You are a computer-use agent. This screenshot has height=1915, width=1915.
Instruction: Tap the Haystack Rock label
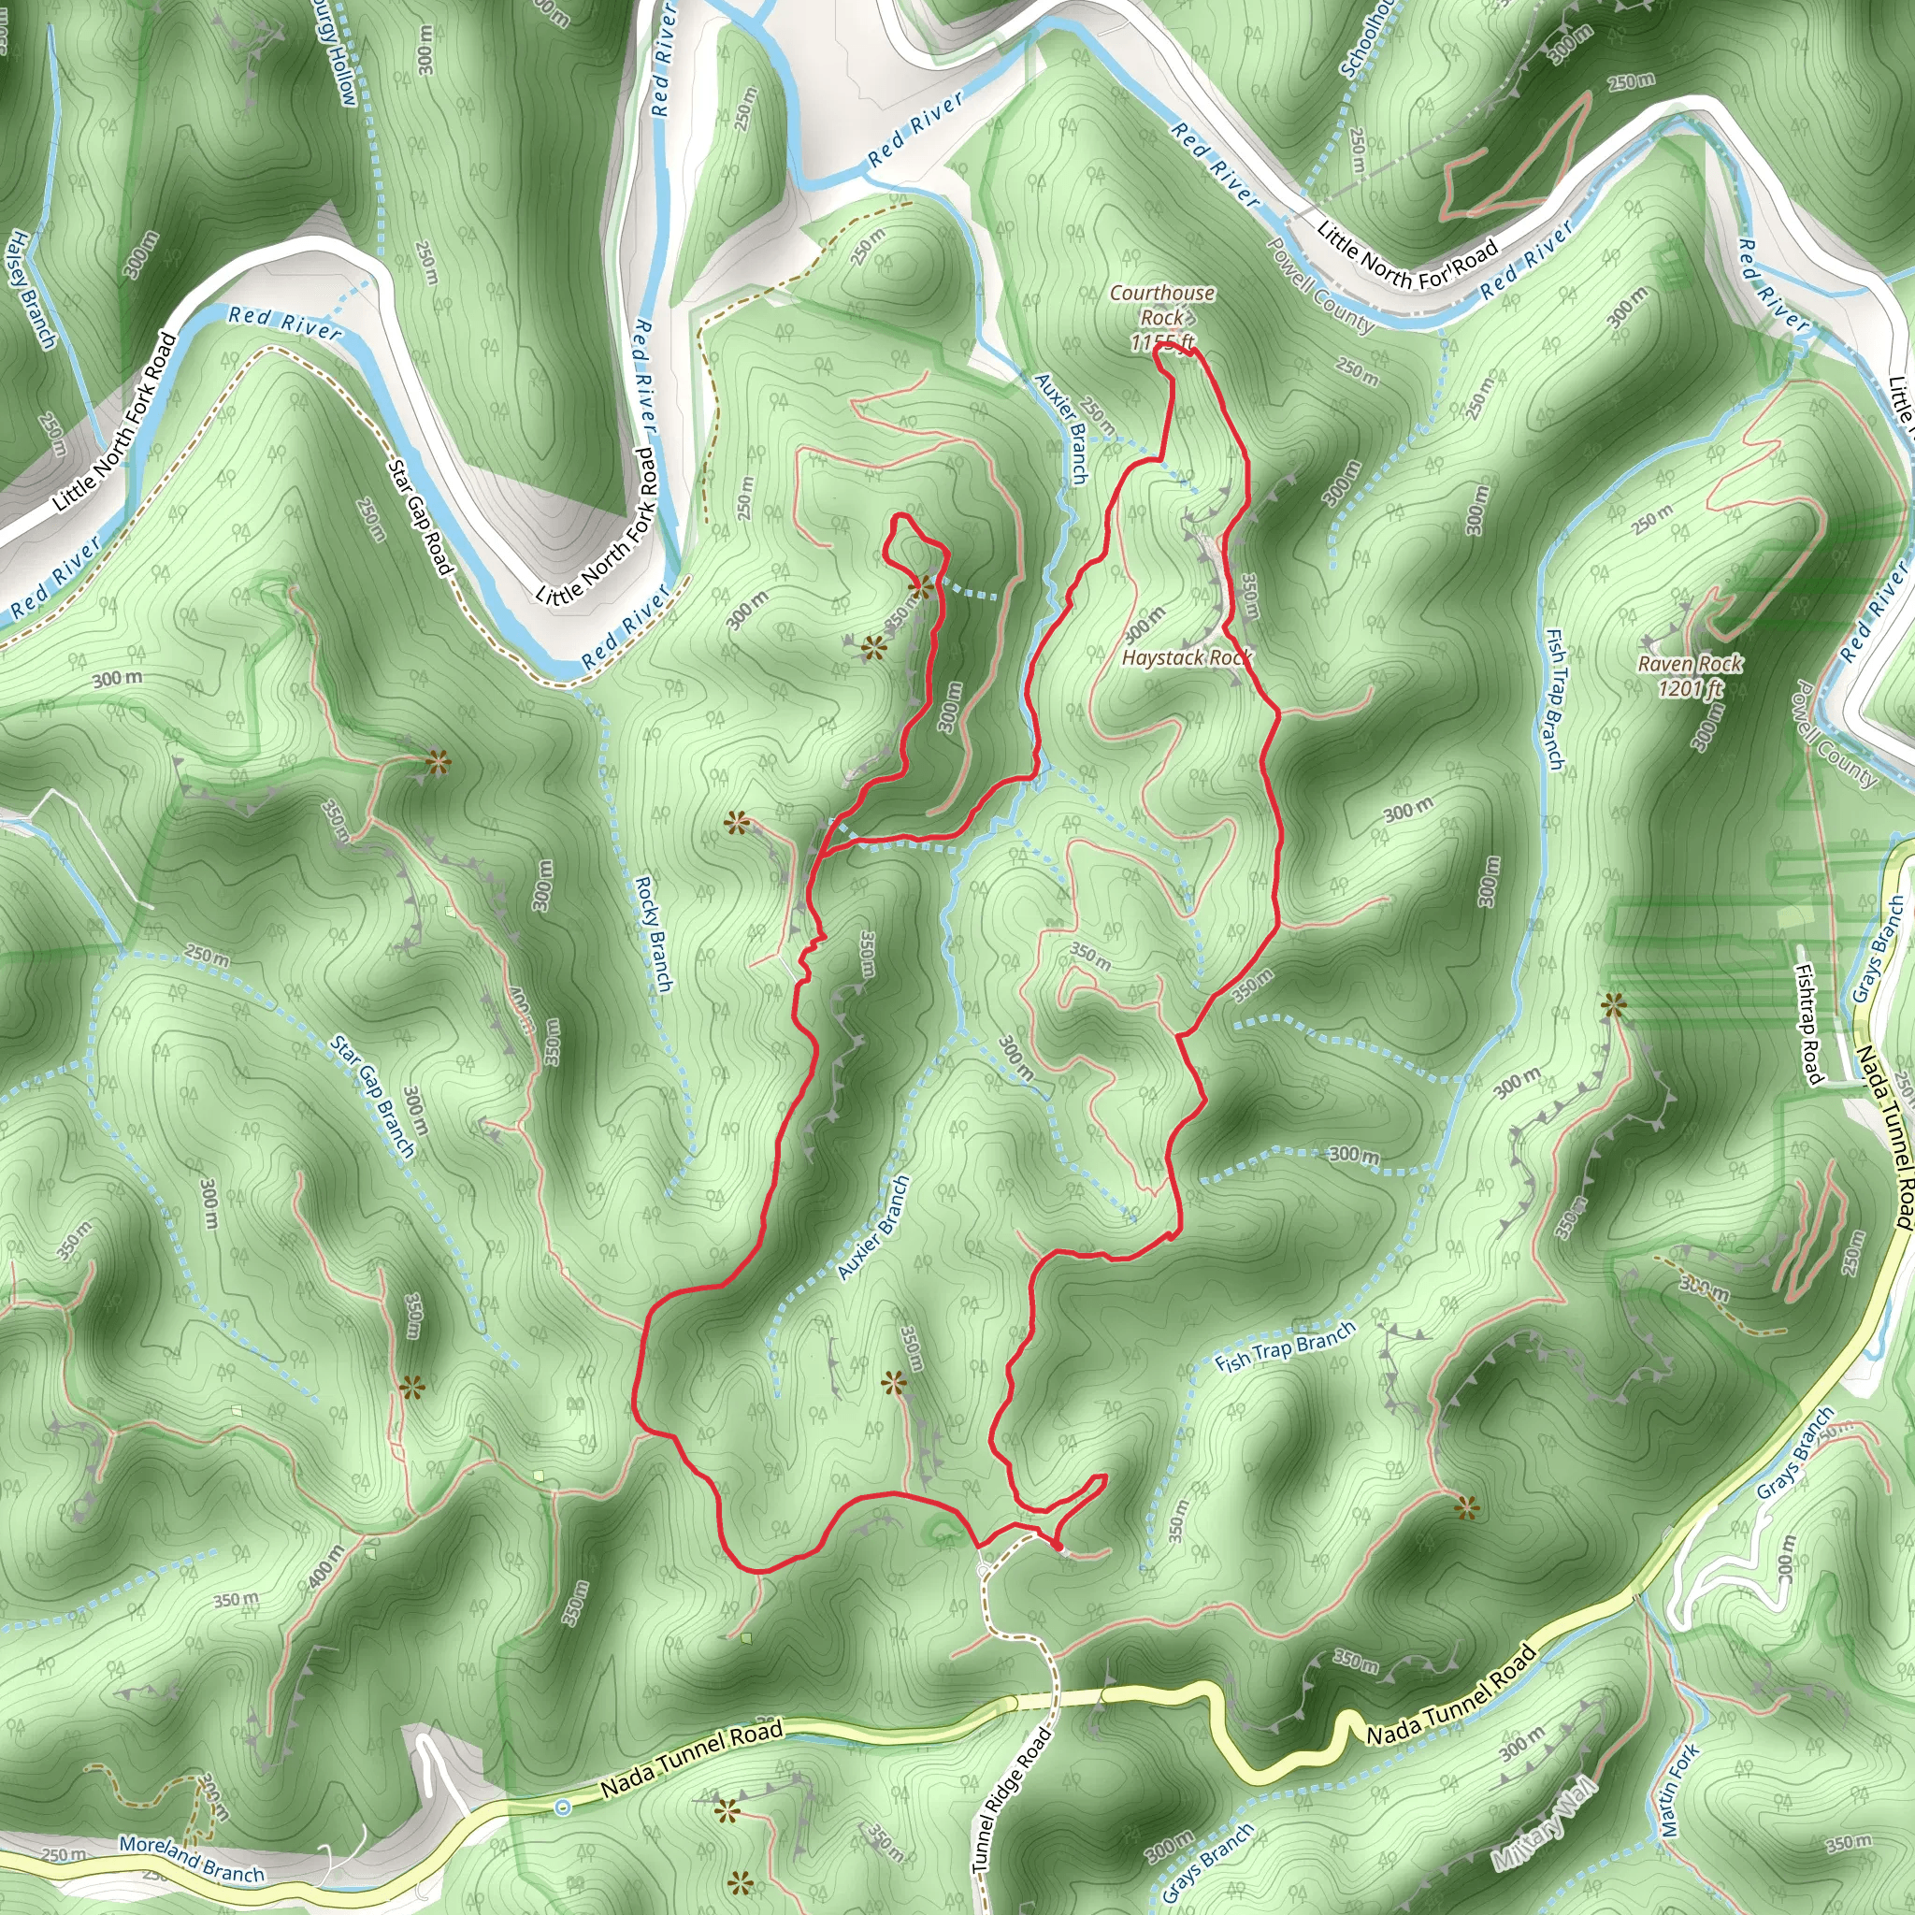[x=1187, y=657]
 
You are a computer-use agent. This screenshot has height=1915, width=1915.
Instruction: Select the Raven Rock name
[x=1690, y=663]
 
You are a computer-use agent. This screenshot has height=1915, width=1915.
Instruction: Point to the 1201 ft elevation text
[x=1690, y=687]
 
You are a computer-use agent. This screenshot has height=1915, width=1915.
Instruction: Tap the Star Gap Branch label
[x=373, y=1096]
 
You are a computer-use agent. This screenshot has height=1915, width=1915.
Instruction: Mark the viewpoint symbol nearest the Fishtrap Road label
[x=1614, y=1006]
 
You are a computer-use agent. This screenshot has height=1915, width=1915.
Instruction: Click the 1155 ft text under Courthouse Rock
[x=1161, y=343]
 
